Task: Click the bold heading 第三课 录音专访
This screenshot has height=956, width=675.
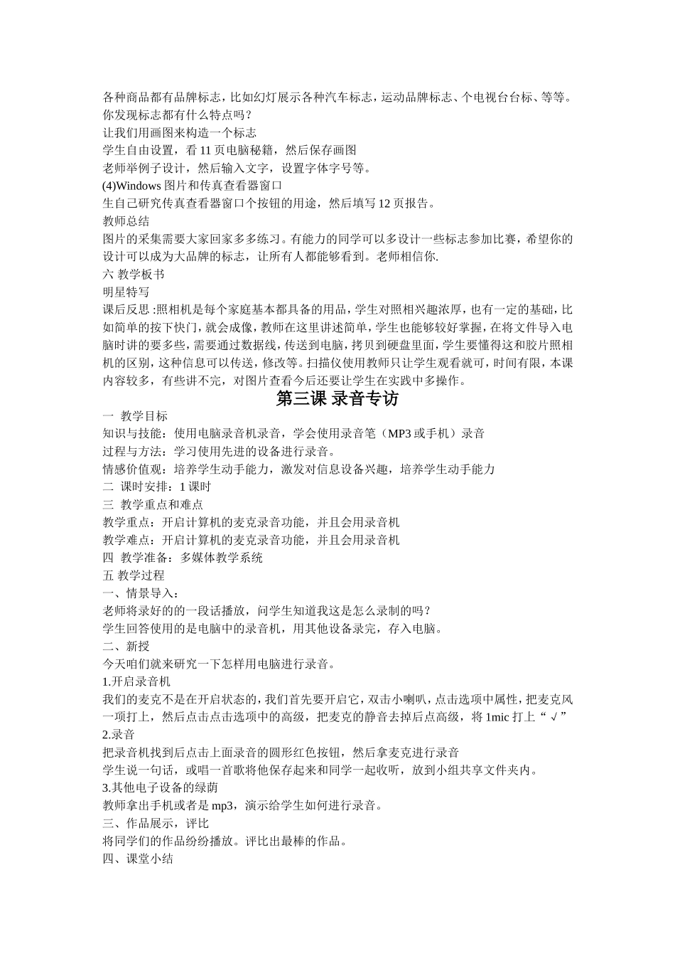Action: [x=337, y=399]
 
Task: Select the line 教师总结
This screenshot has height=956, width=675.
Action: [x=126, y=221]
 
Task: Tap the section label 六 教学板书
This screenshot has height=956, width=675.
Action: [x=134, y=275]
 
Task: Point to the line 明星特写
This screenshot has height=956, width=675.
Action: [x=126, y=292]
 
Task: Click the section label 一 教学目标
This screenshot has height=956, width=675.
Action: [x=135, y=416]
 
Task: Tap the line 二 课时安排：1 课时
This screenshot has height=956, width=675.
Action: [x=156, y=487]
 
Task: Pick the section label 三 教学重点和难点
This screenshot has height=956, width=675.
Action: [x=153, y=505]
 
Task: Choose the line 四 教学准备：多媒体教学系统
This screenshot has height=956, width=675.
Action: [x=183, y=558]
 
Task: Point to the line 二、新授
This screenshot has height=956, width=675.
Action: [x=126, y=647]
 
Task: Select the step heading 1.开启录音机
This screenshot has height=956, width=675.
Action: [x=136, y=681]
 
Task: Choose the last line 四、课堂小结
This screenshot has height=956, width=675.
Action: [x=138, y=859]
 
